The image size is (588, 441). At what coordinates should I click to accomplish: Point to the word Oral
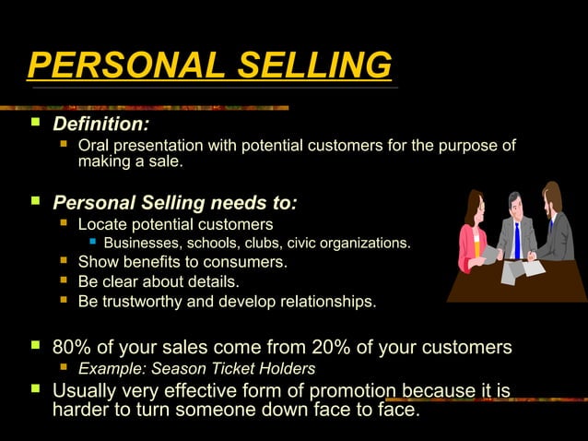(94, 146)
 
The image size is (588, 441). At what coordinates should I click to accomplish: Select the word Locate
(103, 224)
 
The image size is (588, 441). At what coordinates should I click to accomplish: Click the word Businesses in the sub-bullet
(142, 244)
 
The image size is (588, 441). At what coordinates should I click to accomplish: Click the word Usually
(88, 390)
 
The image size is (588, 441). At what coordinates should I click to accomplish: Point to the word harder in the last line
(82, 410)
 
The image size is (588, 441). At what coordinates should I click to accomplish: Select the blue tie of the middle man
(517, 242)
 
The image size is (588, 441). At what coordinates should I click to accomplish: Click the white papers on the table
(520, 270)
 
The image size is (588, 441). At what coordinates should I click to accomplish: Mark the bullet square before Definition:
(35, 123)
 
